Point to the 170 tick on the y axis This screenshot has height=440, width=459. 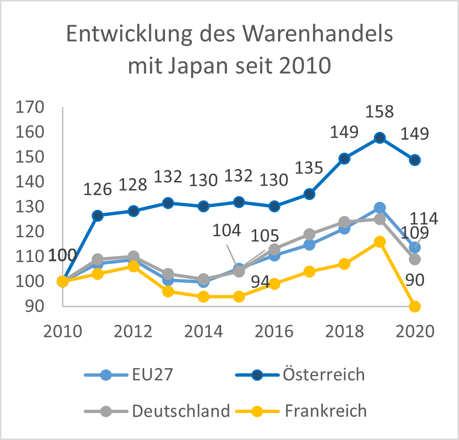tap(30, 107)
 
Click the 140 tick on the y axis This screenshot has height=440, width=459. tap(30, 182)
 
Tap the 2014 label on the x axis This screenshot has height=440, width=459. tap(204, 331)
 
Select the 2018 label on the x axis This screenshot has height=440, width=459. tap(345, 331)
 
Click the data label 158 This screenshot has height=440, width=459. tap(380, 112)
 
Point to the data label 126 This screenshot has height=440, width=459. tap(97, 190)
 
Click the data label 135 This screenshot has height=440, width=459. tap(309, 168)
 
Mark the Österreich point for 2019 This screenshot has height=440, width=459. tap(380, 138)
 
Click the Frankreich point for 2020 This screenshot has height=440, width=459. tap(415, 306)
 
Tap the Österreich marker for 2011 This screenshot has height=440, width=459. tap(98, 216)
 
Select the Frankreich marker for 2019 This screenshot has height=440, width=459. tap(380, 242)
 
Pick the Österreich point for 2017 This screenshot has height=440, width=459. tap(309, 194)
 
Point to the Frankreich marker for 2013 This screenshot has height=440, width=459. tap(168, 291)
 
